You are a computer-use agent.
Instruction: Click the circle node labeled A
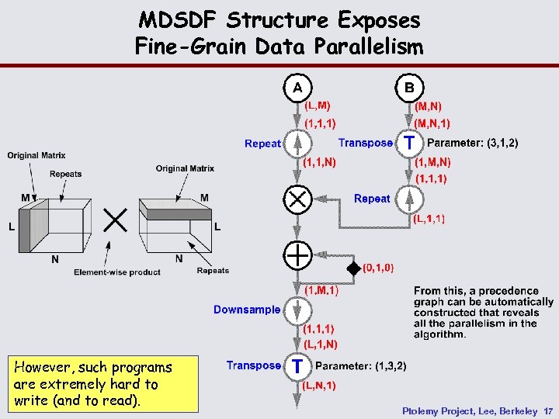click(297, 87)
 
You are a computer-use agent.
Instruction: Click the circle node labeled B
click(409, 87)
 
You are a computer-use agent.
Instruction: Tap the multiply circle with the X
click(297, 199)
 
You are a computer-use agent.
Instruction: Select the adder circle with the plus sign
click(297, 255)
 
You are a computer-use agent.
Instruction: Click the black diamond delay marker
click(353, 268)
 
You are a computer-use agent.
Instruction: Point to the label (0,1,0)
click(378, 268)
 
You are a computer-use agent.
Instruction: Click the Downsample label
click(247, 310)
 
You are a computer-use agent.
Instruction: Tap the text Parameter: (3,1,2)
click(473, 143)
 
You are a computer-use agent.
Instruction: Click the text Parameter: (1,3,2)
click(361, 365)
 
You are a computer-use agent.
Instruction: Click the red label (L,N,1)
click(318, 385)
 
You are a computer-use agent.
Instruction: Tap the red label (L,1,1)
click(429, 220)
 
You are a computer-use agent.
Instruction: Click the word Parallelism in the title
click(370, 47)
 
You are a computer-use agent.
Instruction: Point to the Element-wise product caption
click(117, 272)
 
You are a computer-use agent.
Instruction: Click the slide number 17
click(548, 410)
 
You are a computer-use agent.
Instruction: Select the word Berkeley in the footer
click(515, 410)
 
